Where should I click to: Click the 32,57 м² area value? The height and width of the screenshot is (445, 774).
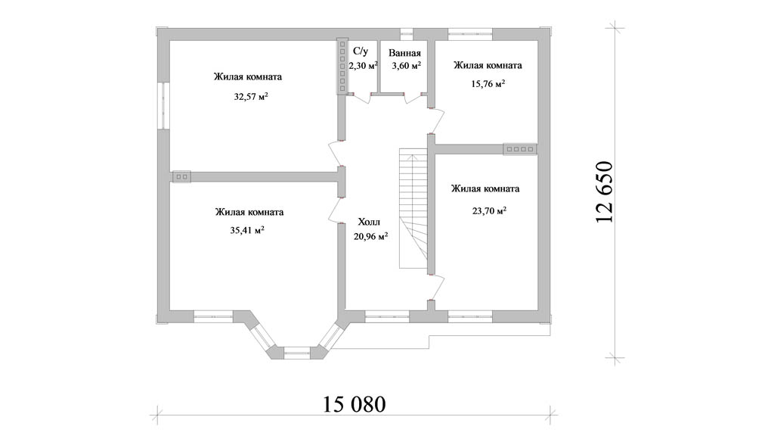coord(251,96)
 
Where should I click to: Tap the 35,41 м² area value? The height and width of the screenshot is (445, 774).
coord(247,230)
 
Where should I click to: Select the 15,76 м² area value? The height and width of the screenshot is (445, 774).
coord(488,83)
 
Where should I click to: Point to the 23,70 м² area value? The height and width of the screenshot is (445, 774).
coord(489,211)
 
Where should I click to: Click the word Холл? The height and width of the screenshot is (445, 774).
coord(369,222)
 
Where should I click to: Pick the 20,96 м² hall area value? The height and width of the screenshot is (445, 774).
coord(370,236)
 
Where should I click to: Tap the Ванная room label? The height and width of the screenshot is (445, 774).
coord(405,54)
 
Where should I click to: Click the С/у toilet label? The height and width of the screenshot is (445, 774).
coord(361,51)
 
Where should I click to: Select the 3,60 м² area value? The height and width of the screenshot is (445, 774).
coord(406,66)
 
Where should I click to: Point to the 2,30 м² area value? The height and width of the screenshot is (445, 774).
coord(364,65)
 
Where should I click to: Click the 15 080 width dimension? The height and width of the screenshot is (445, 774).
coord(354,404)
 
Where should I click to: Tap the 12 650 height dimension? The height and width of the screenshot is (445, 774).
coord(604,191)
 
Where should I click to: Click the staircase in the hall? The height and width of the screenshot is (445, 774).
coord(413,210)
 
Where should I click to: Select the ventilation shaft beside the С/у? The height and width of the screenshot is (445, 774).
coord(342,67)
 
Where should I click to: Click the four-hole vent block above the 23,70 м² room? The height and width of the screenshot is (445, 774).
coord(520,149)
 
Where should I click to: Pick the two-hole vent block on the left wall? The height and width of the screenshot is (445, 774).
coord(181,176)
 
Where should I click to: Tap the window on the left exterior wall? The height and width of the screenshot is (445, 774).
coord(164,106)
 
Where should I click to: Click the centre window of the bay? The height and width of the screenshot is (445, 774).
coord(296,353)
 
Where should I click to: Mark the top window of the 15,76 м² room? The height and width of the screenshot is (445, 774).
coord(470,34)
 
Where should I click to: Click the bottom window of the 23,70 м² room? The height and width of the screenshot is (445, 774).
coord(470,316)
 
